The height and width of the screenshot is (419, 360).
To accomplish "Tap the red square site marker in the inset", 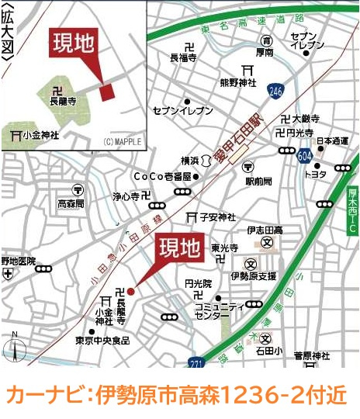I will click(x=107, y=91).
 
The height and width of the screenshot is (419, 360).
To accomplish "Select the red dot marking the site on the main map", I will click(x=130, y=291).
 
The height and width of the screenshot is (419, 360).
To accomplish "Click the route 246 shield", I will click(x=275, y=91).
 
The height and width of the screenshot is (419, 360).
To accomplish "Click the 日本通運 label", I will click(x=332, y=140).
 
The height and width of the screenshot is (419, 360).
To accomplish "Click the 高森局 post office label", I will click(x=74, y=203).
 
